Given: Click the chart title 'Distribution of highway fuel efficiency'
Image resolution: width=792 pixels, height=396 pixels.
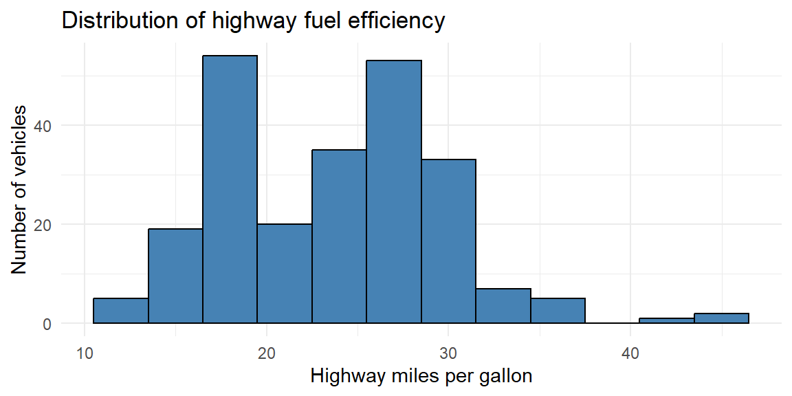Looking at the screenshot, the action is coord(253,22).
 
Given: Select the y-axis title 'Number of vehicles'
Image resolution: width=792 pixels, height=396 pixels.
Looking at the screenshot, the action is coord(19,190).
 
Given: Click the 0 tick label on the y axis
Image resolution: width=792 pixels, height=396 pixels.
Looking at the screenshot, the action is coord(47,324).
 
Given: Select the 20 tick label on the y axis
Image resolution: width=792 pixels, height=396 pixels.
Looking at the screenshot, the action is coord(43,225).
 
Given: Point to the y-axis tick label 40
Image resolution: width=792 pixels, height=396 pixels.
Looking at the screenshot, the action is coord(43,126).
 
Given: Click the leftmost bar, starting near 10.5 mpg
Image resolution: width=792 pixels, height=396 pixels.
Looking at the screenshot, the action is coord(121,311).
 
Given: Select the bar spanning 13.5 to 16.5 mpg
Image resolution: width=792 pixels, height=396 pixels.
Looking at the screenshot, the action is coord(175,276).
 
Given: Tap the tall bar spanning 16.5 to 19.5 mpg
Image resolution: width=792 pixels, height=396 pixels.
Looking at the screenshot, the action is coord(230,190).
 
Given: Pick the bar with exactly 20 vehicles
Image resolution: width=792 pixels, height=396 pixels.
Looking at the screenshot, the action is coord(285,274).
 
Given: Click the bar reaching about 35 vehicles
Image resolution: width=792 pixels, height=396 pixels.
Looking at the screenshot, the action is coord(339,236).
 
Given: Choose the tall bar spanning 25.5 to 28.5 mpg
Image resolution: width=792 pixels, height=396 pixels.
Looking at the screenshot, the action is coord(394,192).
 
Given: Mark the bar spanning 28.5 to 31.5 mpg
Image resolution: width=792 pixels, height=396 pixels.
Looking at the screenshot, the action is coord(448,241).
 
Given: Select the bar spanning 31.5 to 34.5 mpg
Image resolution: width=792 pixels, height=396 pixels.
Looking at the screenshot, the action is coord(503,306).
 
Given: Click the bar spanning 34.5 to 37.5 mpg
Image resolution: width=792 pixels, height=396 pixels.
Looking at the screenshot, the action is coord(558,311).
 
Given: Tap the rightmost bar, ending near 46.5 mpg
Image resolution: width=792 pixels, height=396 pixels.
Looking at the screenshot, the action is coord(721,318).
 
